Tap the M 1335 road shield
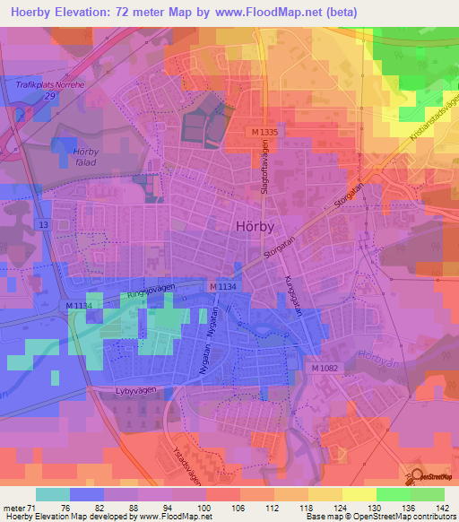265,132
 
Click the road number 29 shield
51,94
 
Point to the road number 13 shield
43,223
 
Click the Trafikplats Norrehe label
51,84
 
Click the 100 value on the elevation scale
205,508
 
